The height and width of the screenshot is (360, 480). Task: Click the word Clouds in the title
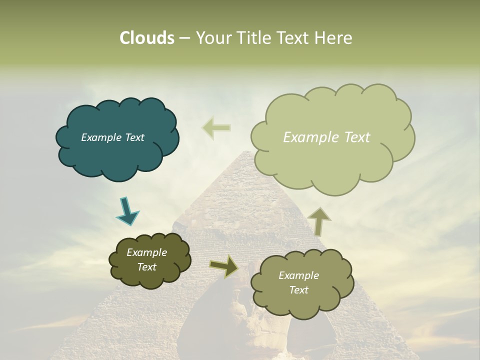click(147, 38)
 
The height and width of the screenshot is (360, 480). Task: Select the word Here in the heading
click(332, 38)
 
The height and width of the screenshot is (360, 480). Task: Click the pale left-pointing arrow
click(216, 128)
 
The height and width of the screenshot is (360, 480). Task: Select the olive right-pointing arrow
click(224, 266)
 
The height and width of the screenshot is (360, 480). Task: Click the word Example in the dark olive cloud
click(146, 252)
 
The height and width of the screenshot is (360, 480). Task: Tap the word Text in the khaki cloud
click(298, 290)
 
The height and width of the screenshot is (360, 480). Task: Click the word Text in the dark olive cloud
click(146, 267)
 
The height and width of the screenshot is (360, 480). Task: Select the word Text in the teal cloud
click(134, 137)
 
